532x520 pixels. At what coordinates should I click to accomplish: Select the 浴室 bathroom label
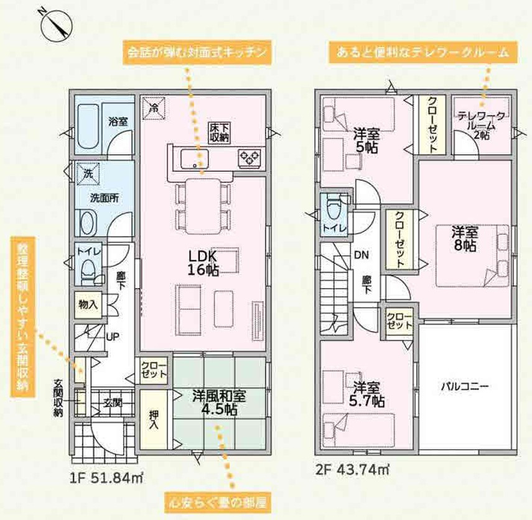118,121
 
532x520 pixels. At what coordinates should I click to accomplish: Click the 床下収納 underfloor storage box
219,132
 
